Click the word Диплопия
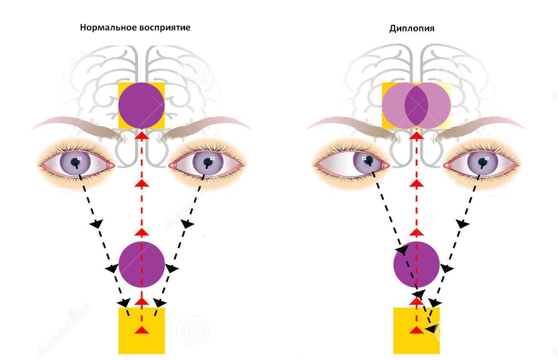[412, 29]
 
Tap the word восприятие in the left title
[164, 27]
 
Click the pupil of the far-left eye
[76, 162]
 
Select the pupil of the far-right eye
[482, 162]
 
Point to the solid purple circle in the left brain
[142, 105]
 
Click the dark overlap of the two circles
[416, 105]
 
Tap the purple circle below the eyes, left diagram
[142, 264]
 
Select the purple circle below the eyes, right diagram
[417, 264]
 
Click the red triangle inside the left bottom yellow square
[142, 330]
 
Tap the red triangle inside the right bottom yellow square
[416, 330]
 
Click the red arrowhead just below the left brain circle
[142, 136]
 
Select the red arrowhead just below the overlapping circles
[416, 136]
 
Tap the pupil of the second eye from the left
[208, 162]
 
